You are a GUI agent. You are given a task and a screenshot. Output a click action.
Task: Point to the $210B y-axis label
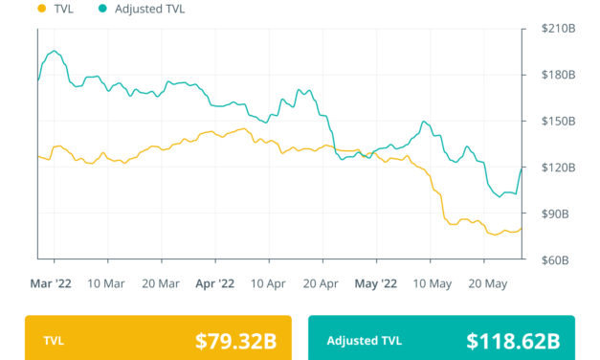(x=558, y=29)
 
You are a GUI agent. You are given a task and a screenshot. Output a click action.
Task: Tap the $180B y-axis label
(x=558, y=75)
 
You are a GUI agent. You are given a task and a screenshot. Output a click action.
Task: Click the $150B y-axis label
(x=558, y=122)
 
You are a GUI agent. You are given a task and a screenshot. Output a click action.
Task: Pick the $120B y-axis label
(x=558, y=168)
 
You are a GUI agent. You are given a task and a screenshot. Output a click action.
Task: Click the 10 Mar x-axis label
(x=107, y=283)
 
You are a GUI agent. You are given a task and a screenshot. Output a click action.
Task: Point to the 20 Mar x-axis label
(x=161, y=283)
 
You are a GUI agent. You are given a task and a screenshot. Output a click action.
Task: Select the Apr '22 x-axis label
(x=214, y=283)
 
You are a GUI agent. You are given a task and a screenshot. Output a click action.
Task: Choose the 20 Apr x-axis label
(x=322, y=283)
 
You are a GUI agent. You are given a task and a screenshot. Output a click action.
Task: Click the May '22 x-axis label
(x=375, y=283)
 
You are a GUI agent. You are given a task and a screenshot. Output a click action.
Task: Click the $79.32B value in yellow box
(x=235, y=340)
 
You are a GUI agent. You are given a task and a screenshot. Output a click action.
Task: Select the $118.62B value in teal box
(x=513, y=340)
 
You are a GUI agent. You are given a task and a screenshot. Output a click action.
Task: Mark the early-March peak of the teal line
(x=55, y=52)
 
